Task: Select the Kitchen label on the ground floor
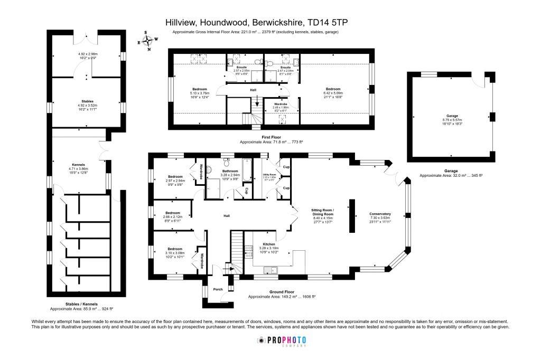click(x=269, y=244)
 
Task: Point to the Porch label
click(x=217, y=289)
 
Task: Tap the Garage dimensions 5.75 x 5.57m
click(x=451, y=122)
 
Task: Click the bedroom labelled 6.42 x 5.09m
click(x=333, y=92)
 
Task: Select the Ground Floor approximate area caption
click(x=282, y=294)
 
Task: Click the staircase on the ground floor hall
click(x=237, y=247)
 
